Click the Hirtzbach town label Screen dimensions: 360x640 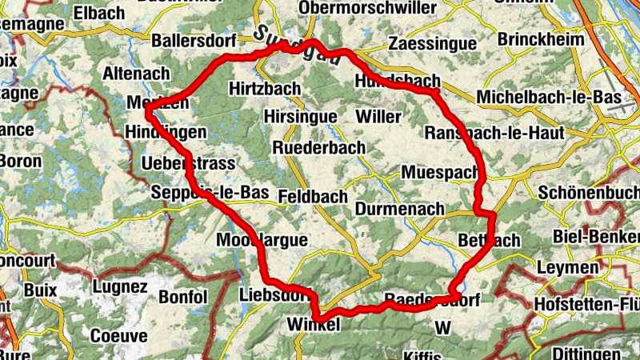pos(264,88)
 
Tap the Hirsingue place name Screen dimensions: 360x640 pos(300,117)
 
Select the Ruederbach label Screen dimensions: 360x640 pos(318,148)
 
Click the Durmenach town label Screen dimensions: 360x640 pos(398,210)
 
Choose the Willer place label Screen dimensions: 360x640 pos(378,117)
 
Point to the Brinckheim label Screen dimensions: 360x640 pos(536,39)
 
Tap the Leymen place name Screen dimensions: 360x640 pos(570,267)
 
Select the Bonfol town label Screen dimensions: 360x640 pos(183,298)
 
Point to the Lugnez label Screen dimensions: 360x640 pos(120,286)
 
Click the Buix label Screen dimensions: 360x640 pos(42,290)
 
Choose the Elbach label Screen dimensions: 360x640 pos(98,13)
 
